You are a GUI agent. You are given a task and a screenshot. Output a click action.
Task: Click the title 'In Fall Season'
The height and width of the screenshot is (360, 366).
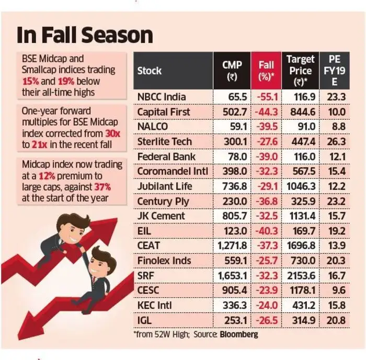pos(85,36)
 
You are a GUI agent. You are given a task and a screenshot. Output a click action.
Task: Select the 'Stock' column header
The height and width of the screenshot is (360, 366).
pos(150,71)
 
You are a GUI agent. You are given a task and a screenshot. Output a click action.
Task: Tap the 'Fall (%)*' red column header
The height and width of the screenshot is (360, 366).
pos(266,71)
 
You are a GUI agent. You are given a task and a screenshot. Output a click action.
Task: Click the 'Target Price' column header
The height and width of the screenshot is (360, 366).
pos(300,71)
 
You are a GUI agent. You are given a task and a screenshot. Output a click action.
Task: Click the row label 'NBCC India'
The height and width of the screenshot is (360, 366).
pos(162,97)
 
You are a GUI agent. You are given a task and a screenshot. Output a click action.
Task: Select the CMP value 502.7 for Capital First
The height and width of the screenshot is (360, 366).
pos(233,112)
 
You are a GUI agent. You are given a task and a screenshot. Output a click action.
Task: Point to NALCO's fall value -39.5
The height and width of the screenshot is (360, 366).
pos(266,127)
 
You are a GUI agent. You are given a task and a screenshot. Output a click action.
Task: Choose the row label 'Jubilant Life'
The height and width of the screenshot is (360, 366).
pos(165,186)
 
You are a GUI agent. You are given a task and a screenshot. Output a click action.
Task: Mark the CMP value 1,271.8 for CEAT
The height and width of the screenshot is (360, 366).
pos(230,245)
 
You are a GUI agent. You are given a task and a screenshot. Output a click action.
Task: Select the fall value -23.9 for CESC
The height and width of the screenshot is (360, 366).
pos(266,290)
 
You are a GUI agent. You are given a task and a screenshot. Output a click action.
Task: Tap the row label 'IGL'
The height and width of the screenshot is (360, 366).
pos(145,320)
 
